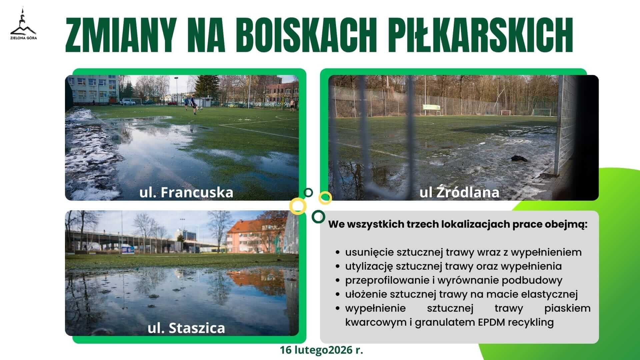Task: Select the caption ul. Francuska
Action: [186, 192]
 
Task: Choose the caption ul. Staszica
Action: [186, 328]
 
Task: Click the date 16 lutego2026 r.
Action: [322, 350]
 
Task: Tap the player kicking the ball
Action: [194, 105]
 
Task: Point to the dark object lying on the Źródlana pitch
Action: [519, 158]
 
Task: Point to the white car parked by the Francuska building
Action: [127, 102]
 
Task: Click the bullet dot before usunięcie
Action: [338, 253]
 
